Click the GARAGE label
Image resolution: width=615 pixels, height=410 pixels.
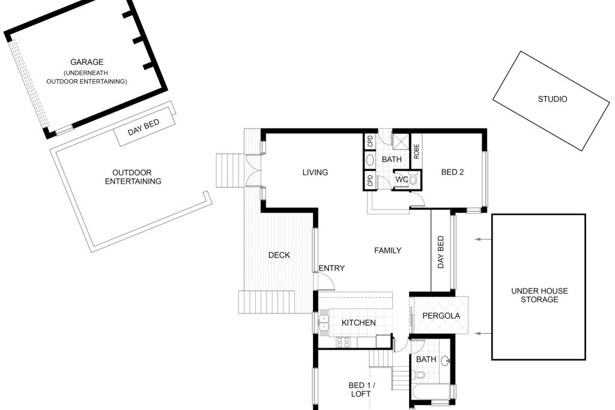point(86,62)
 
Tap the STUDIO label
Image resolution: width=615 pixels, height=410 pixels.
point(553,99)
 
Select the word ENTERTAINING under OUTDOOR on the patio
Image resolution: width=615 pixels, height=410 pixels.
point(133,181)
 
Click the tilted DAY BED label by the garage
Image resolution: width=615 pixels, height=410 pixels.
point(144,127)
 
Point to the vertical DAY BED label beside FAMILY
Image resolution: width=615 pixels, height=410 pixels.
point(440,252)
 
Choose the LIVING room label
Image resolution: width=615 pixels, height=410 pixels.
point(315,172)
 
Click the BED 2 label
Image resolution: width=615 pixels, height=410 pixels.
point(452,172)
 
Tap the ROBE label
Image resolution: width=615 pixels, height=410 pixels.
point(416,151)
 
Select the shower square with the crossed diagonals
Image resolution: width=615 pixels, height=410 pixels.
point(401,142)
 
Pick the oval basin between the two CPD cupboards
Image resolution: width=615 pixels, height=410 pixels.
point(370,160)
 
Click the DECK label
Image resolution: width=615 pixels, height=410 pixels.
point(279,255)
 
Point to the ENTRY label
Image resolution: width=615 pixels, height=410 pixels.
point(332,268)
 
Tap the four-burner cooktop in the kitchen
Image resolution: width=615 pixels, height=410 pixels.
point(343,342)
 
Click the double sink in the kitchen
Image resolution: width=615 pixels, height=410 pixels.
point(324,322)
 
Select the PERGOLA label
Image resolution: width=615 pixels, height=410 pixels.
point(441,316)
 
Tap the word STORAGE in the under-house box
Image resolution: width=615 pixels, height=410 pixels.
point(539,300)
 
